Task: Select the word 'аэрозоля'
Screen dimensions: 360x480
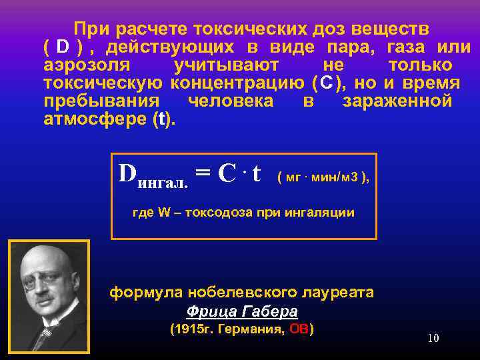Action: point(83,65)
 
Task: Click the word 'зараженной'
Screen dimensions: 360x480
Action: point(397,101)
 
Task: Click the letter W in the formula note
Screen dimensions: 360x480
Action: point(165,213)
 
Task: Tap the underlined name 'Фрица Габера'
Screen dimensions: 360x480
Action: point(242,311)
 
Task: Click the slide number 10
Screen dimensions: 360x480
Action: point(433,338)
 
